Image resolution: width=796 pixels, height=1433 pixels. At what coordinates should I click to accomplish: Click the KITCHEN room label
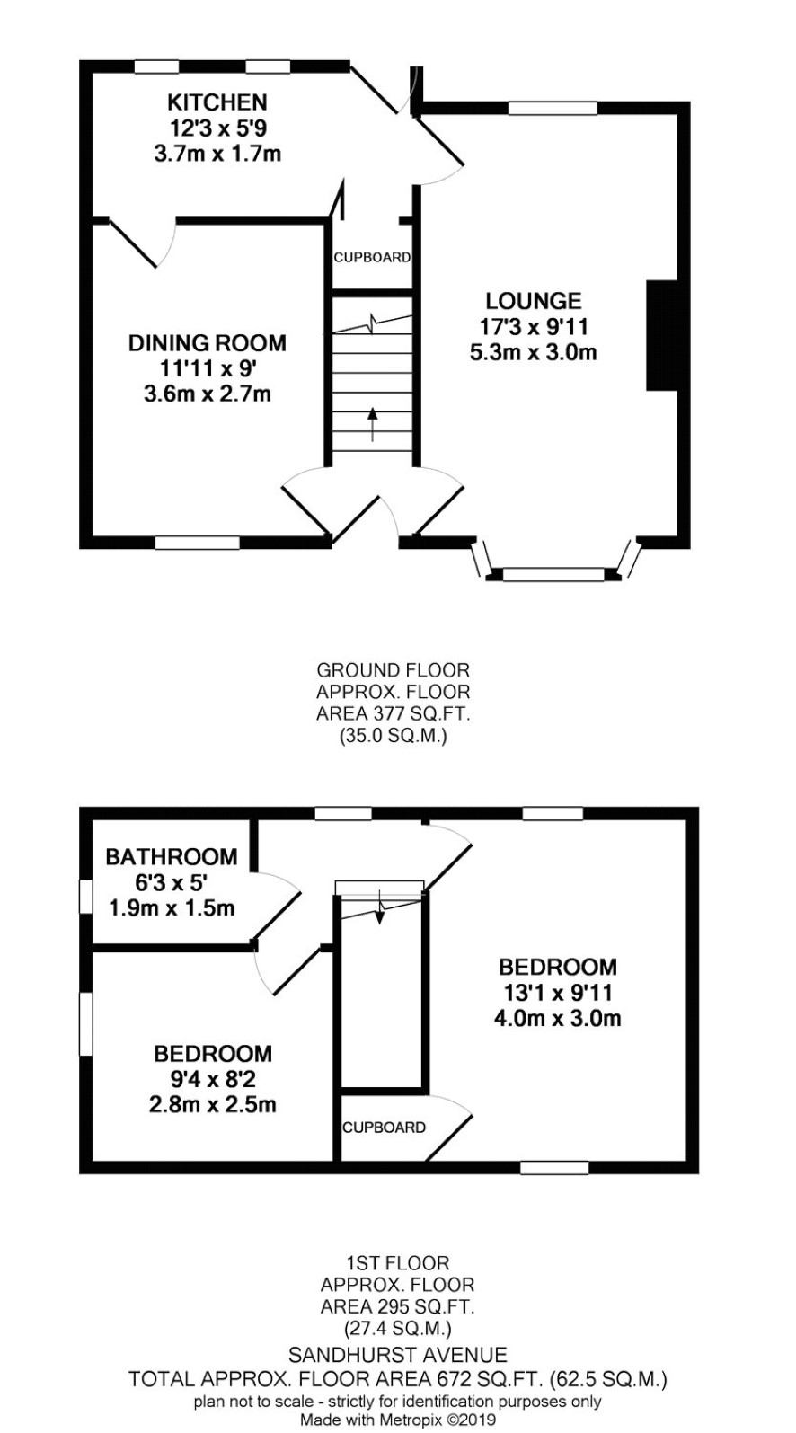coord(217,102)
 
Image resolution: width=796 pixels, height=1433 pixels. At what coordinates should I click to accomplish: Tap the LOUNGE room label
coord(533,301)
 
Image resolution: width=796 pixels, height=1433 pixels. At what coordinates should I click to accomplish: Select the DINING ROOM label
coord(208,343)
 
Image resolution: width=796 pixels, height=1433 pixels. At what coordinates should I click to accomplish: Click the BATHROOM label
coord(172,856)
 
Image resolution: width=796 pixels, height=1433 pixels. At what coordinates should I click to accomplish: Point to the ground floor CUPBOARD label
coord(372,257)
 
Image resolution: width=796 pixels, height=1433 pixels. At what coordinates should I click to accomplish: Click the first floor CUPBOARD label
coord(384,1128)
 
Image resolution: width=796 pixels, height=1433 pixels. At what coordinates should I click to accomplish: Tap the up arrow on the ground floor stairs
coord(373,424)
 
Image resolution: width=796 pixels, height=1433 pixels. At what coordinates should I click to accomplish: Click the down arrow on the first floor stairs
coord(379,907)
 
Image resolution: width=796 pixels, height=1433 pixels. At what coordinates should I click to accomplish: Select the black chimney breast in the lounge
coord(661,335)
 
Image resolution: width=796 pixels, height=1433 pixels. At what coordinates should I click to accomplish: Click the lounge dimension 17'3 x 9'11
coord(534,327)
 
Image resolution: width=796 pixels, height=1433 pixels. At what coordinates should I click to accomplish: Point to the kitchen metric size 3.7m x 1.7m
coord(217,155)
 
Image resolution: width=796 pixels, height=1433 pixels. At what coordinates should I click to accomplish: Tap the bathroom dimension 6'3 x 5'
coord(171,883)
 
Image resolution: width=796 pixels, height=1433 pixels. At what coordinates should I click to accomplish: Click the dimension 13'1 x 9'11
coord(558,993)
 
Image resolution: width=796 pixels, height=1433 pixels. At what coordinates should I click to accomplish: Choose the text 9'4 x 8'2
coord(212,1080)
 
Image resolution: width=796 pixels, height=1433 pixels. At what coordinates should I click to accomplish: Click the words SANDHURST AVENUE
coord(398,1355)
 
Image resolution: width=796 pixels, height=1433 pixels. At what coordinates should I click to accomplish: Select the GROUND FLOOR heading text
coord(393,670)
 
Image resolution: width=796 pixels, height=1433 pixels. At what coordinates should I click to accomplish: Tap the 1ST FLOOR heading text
coord(397,1263)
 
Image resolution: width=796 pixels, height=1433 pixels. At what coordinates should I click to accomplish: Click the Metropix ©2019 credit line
coord(398,1419)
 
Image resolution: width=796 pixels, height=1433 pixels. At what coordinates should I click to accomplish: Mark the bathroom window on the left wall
coord(86,897)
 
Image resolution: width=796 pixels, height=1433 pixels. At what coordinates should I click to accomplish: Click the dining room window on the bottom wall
coord(197,543)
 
